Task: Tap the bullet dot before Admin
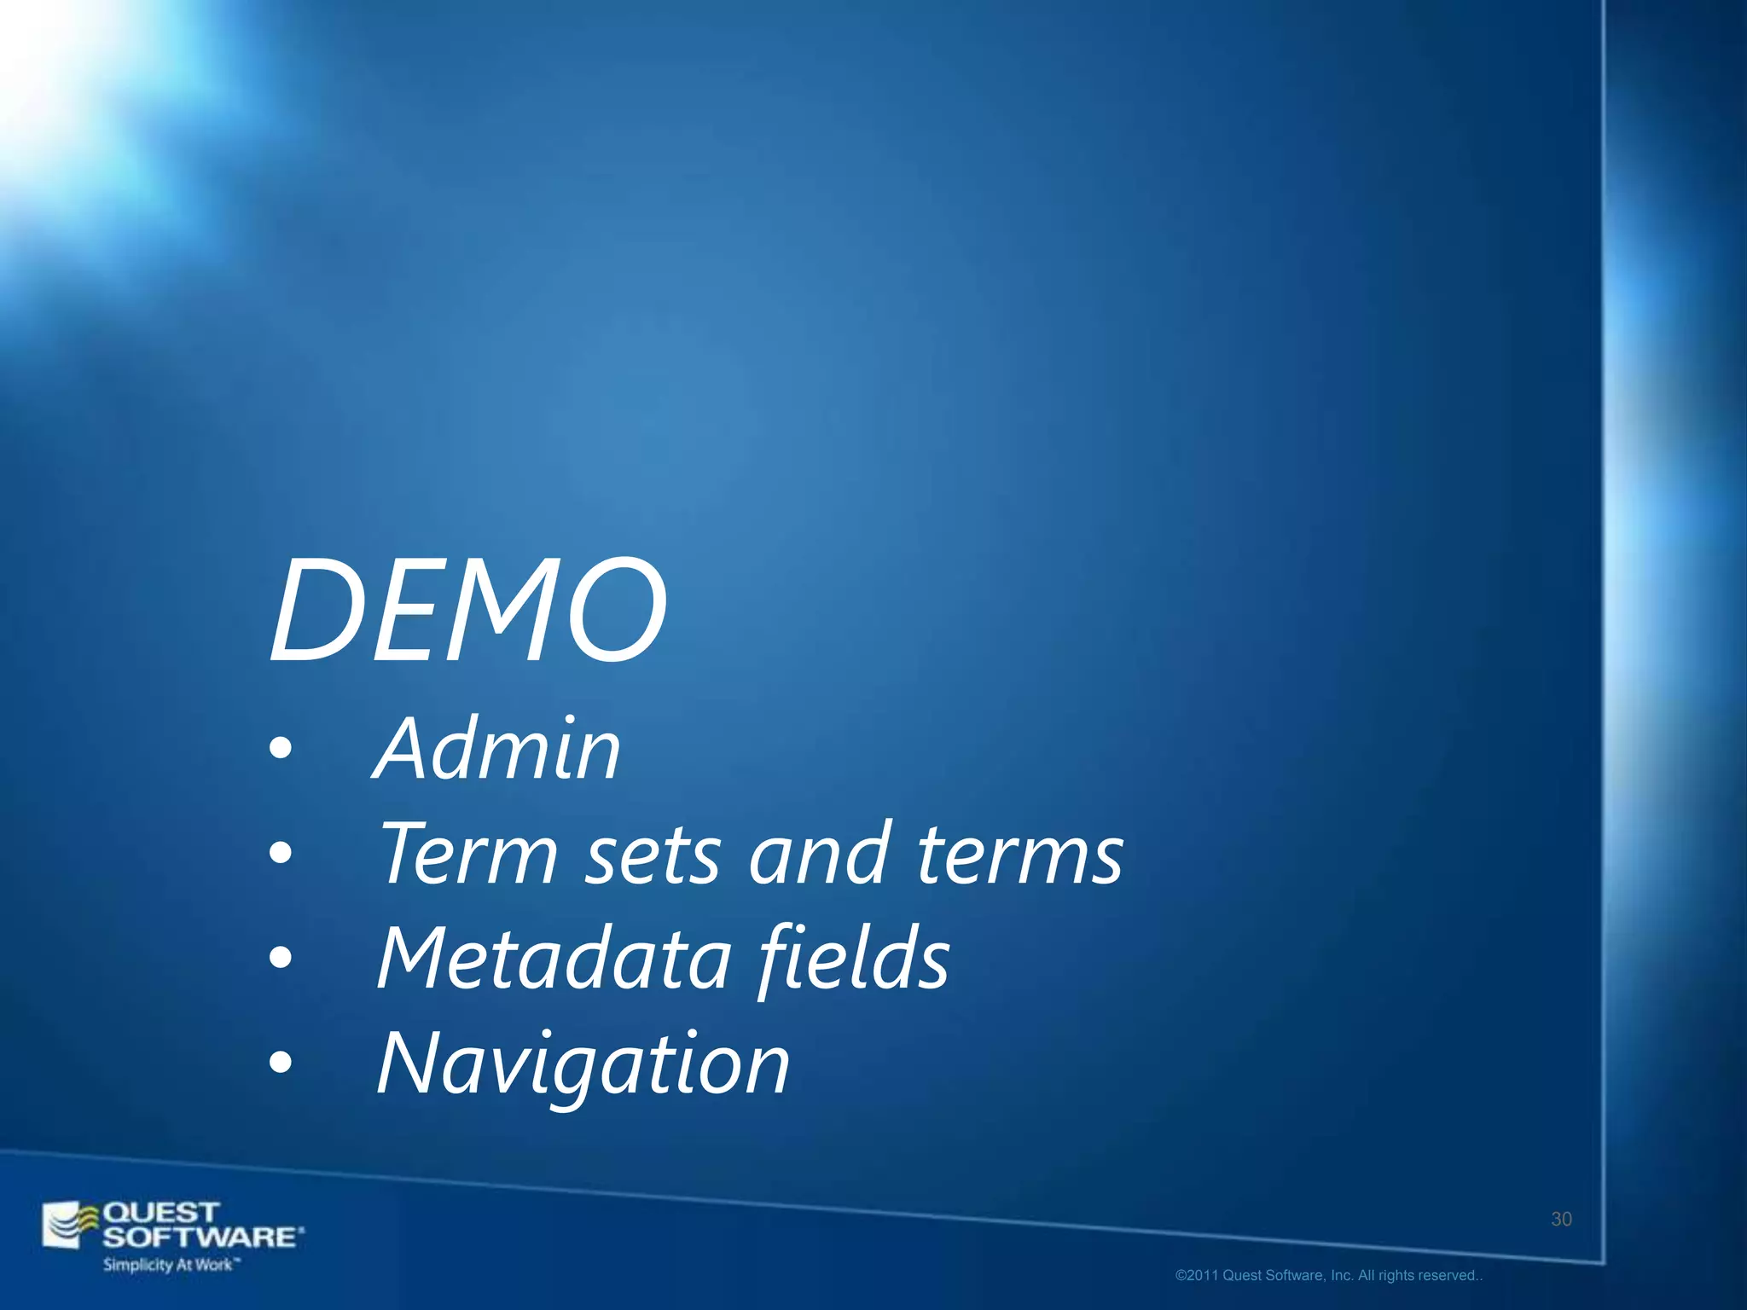coord(280,750)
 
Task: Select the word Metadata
coord(554,959)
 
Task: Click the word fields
coord(854,959)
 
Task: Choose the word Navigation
coord(583,1064)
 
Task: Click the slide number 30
coord(1561,1220)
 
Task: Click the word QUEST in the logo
coord(160,1212)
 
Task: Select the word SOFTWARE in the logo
coord(201,1237)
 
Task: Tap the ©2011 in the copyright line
coord(1197,1276)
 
